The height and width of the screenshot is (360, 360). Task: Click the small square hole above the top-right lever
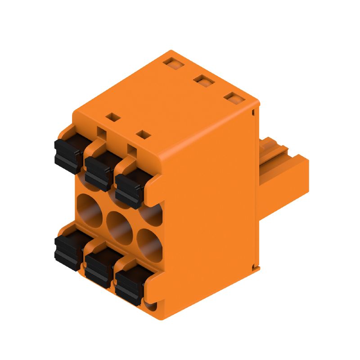143,134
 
